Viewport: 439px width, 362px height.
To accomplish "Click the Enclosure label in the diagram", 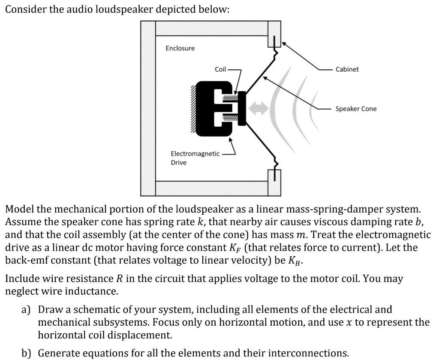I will (x=180, y=48).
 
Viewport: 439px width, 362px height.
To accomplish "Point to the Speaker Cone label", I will (x=356, y=109).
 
